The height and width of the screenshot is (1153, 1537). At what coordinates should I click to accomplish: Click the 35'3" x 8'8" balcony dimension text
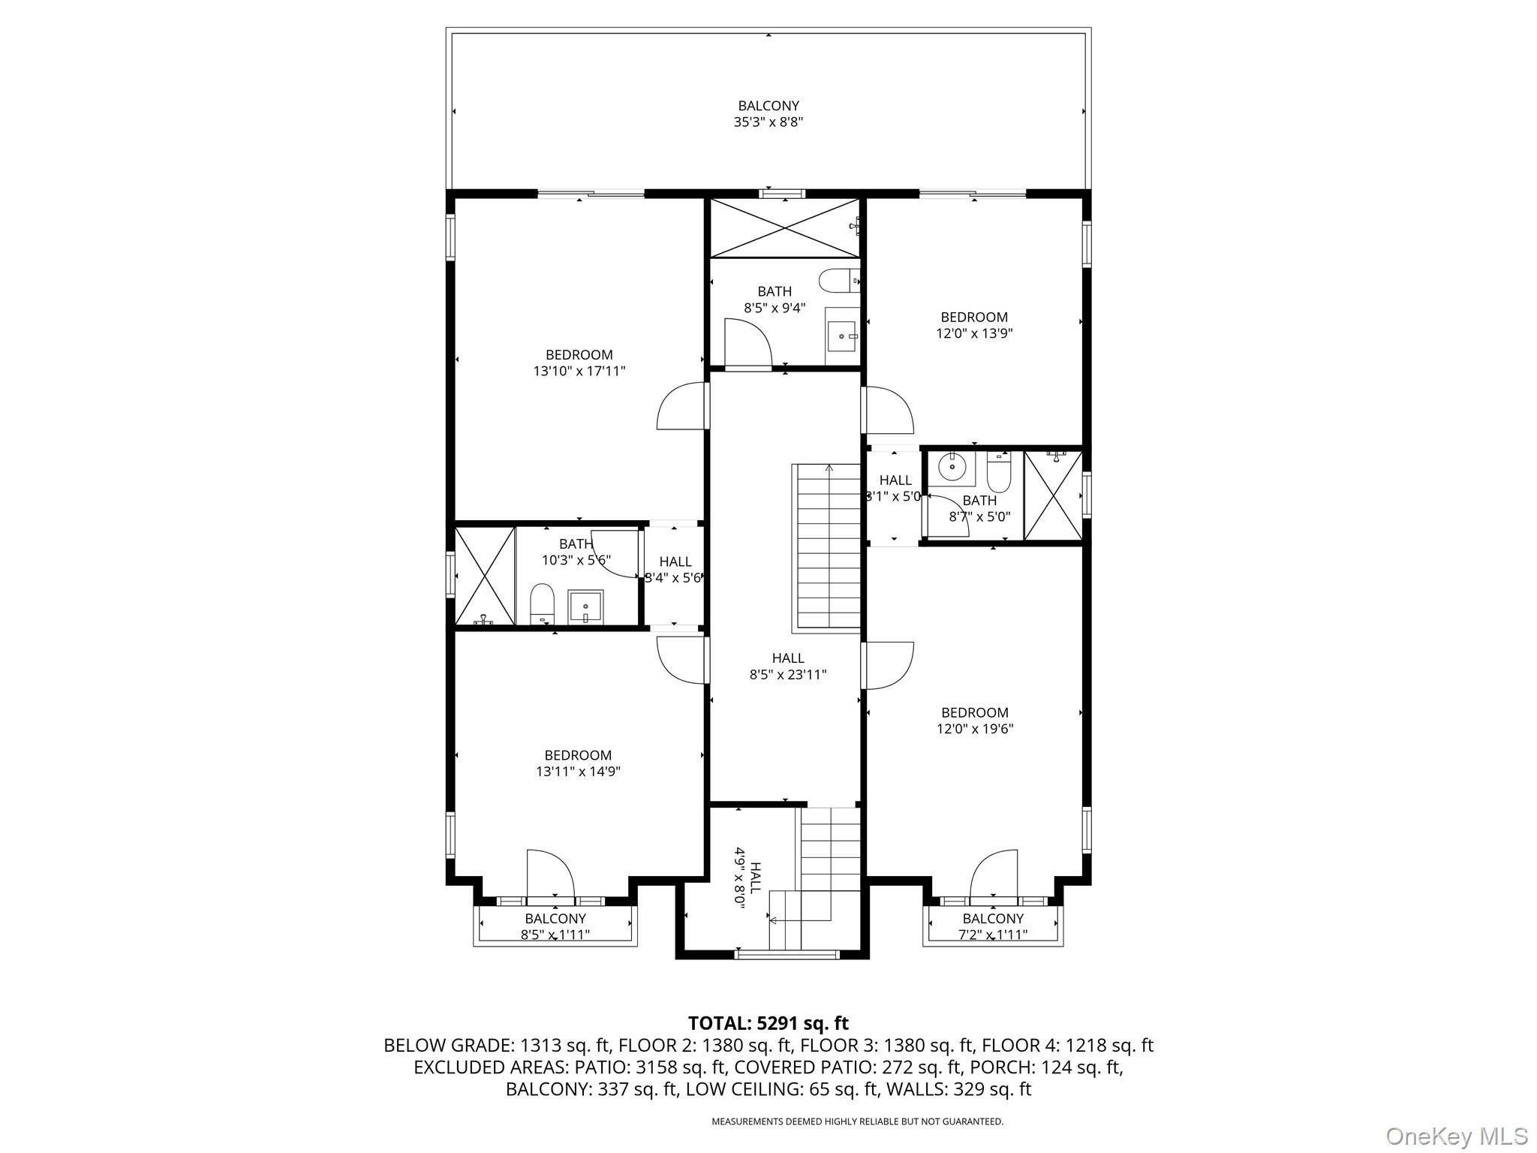tap(768, 122)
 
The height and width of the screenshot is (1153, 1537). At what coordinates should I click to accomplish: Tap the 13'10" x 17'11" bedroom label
tap(579, 363)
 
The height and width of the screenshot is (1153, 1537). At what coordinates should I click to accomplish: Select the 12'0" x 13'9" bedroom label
tap(974, 325)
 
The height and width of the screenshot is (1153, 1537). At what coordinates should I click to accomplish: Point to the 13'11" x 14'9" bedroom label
tap(578, 763)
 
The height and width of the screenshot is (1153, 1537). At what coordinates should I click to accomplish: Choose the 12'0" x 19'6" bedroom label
tap(975, 721)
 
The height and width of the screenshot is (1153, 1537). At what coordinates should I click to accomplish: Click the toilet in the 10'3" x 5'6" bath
tap(542, 604)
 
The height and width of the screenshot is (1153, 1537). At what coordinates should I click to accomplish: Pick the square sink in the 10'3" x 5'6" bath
tap(585, 607)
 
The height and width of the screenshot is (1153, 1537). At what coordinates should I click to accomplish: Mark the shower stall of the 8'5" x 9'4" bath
tap(785, 228)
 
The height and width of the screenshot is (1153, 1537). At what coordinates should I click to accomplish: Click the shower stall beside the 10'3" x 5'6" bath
tap(485, 576)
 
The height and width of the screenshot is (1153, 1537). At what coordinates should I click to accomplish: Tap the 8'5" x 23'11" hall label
tap(788, 667)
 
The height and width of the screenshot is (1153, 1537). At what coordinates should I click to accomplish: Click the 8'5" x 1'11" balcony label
tap(555, 926)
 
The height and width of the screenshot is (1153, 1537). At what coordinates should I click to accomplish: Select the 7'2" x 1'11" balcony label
tap(993, 926)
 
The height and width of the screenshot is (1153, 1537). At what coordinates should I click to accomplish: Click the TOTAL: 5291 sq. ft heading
tap(768, 1023)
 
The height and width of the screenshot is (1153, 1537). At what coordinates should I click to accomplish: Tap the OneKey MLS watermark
tap(1456, 1136)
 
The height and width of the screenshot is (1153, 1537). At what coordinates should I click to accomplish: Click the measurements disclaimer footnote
tap(857, 1121)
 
